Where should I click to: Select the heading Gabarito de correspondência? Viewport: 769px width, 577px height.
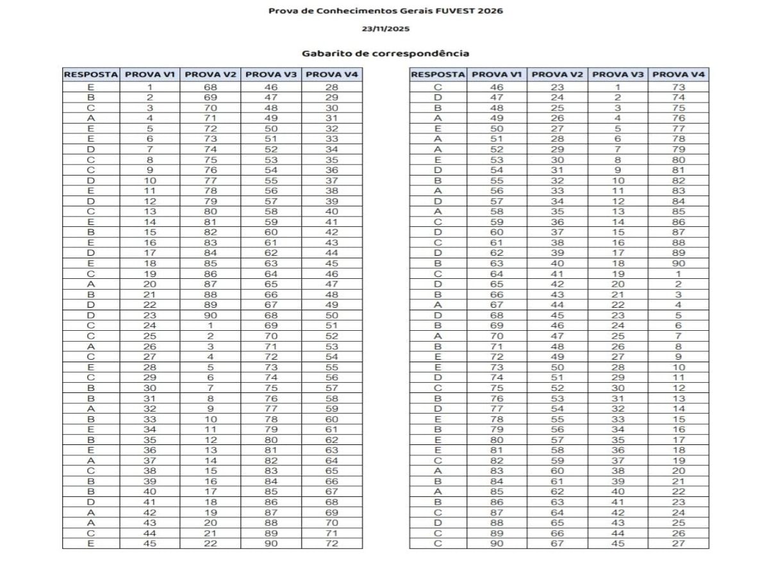point(385,53)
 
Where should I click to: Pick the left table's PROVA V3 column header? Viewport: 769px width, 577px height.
point(271,74)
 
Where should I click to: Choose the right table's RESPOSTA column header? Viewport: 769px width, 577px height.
point(438,74)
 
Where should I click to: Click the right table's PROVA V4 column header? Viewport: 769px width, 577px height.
point(679,74)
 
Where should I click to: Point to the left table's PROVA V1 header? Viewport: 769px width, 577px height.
point(150,74)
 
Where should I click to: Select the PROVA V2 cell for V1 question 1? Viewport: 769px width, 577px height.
point(210,87)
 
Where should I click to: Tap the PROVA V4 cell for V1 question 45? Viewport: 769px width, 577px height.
point(331,544)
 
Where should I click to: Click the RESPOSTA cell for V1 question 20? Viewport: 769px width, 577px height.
point(90,284)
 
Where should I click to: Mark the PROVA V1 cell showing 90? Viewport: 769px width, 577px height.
point(497,544)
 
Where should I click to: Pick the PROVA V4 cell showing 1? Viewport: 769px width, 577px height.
point(679,274)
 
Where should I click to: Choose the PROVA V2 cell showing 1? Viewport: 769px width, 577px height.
point(210,326)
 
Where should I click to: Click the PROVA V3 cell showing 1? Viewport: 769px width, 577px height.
point(618,87)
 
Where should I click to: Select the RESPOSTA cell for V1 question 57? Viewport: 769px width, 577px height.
point(438,201)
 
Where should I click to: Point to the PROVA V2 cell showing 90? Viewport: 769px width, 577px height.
point(210,315)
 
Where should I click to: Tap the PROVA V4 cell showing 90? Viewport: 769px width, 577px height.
point(679,263)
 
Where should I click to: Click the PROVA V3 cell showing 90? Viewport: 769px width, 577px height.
point(271,544)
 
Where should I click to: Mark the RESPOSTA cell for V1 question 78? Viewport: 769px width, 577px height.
point(438,419)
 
